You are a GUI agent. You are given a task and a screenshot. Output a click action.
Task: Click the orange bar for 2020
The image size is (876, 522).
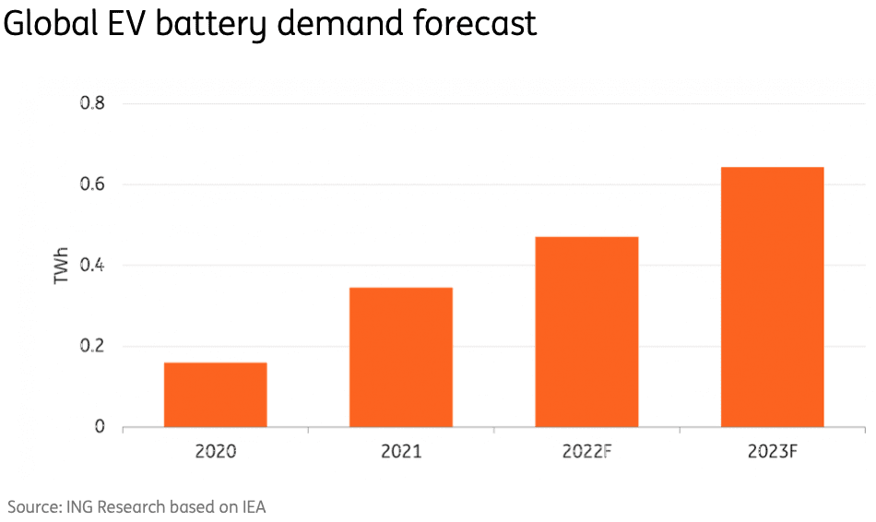216,395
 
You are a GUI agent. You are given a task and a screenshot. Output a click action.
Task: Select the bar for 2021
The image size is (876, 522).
400,358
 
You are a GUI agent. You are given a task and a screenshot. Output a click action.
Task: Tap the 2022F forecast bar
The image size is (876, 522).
586,332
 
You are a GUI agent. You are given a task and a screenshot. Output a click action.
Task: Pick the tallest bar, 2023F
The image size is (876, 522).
772,297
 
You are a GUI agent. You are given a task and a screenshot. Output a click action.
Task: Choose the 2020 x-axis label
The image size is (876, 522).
216,453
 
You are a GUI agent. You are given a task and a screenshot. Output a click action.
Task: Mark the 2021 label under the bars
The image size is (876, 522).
400,453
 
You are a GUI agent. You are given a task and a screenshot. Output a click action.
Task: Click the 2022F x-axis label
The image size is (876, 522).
586,453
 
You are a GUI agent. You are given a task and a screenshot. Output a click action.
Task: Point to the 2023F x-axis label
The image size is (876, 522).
772,453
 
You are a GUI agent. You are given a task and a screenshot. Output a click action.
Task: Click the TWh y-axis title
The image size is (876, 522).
62,265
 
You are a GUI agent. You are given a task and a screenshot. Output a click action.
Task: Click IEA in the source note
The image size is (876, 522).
253,506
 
